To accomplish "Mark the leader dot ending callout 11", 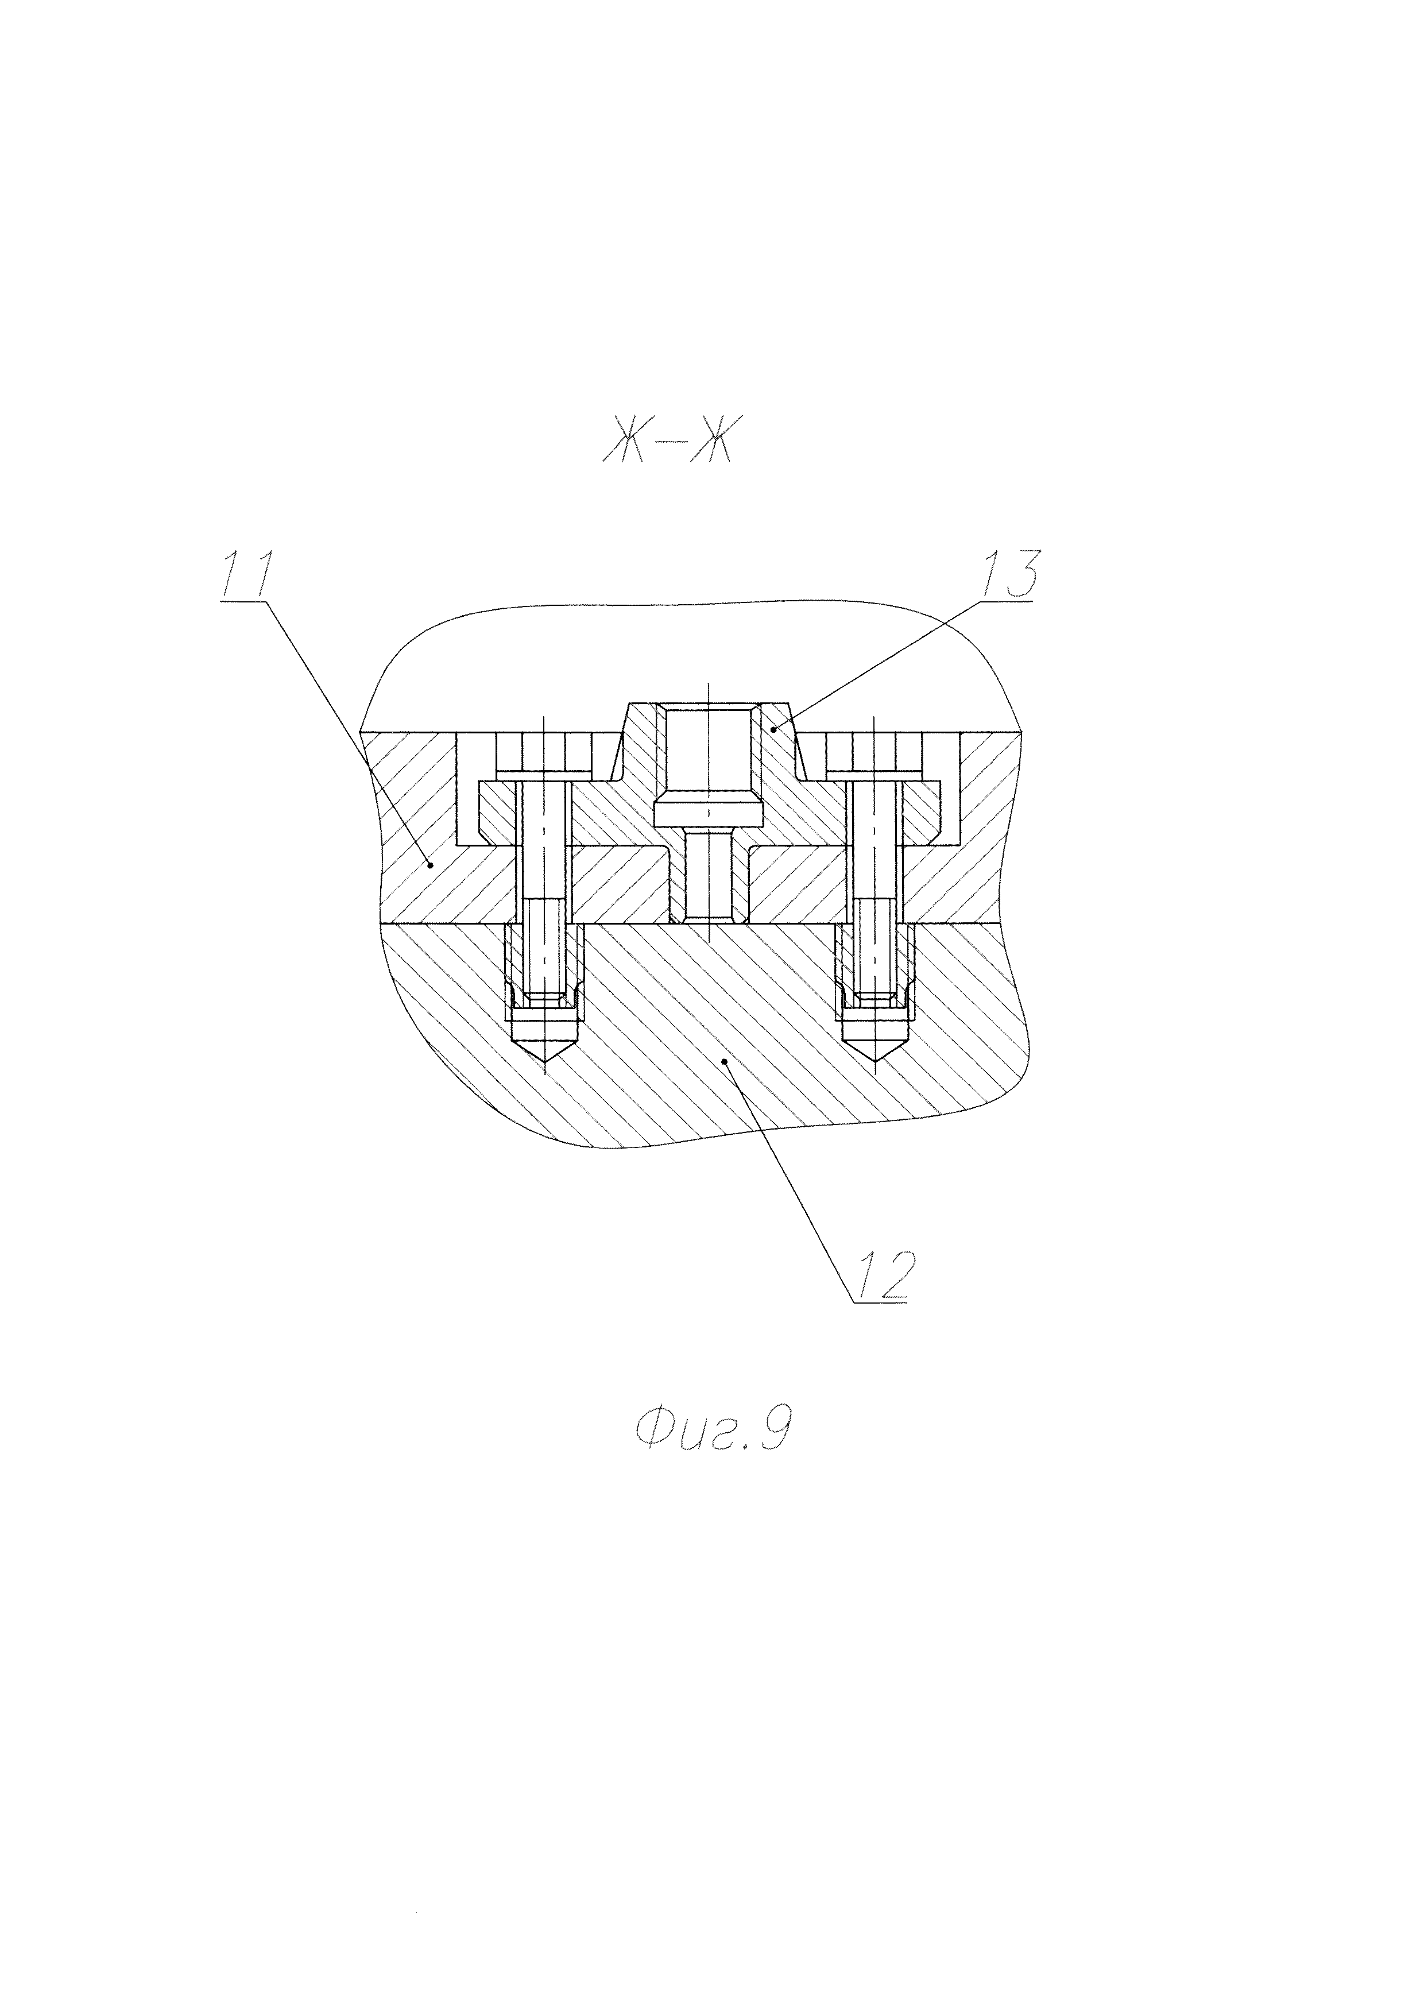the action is click(x=431, y=864).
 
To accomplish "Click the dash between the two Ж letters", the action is click(x=667, y=449).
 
